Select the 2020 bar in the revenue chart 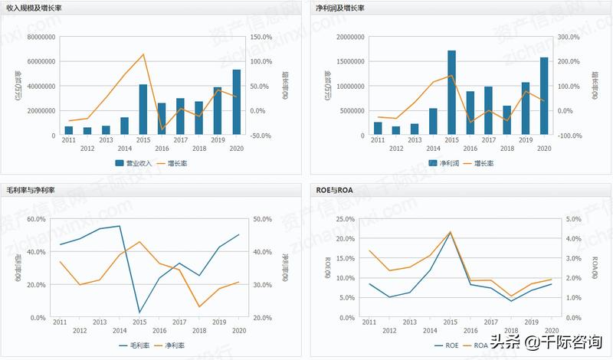click(x=236, y=103)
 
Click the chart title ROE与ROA click(x=334, y=188)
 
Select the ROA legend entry click(x=481, y=345)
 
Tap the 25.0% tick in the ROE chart click(x=345, y=219)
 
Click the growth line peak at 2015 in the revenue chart click(x=143, y=54)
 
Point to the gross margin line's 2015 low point click(x=139, y=313)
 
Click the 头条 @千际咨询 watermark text click(x=552, y=342)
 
